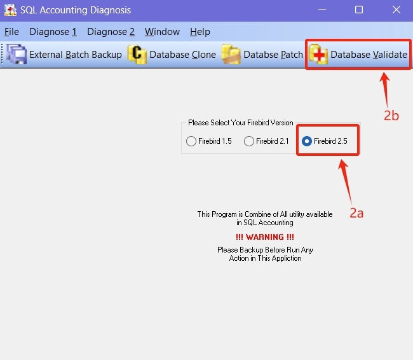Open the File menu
click(11, 32)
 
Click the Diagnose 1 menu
click(53, 32)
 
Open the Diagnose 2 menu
click(111, 32)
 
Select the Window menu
click(162, 32)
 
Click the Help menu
click(200, 32)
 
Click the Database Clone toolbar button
click(172, 55)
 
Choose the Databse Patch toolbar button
click(262, 55)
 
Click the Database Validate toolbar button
click(358, 55)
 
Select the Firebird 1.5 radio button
click(191, 141)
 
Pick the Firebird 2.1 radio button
click(249, 141)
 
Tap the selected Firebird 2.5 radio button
click(307, 141)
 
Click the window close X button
click(396, 10)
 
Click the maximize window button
click(359, 10)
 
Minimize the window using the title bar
click(322, 10)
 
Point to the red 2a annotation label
click(356, 213)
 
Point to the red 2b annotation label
click(391, 116)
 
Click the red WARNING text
click(265, 237)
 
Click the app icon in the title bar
click(10, 10)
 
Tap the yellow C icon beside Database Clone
click(137, 54)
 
